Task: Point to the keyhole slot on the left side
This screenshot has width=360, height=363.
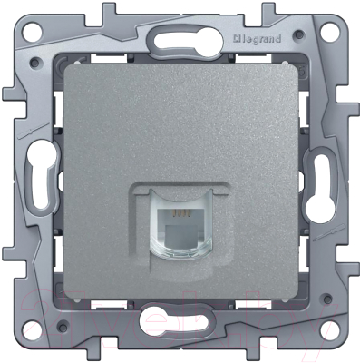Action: pyautogui.click(x=38, y=177)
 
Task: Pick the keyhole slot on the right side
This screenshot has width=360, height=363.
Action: pyautogui.click(x=323, y=179)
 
